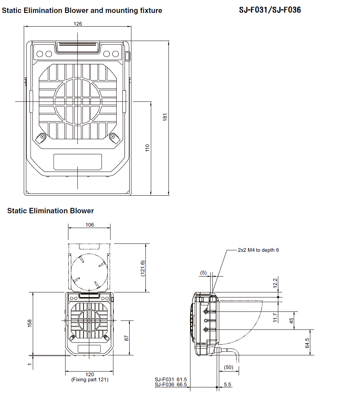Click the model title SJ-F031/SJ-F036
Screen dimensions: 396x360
click(x=270, y=10)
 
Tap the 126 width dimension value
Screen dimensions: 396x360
click(x=78, y=24)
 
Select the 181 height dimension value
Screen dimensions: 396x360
click(x=165, y=117)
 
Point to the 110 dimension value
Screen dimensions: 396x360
click(x=147, y=148)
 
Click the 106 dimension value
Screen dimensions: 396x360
click(x=90, y=225)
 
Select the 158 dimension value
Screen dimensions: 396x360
click(x=30, y=323)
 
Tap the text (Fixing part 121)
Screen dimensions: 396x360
click(x=90, y=379)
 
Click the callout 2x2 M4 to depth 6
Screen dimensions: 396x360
click(x=258, y=250)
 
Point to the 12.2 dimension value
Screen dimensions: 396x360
click(x=275, y=283)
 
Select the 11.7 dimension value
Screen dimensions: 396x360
click(x=275, y=317)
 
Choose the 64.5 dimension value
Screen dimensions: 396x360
click(x=307, y=342)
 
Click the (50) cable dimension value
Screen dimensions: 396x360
click(x=228, y=367)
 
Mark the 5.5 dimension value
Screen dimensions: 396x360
click(x=228, y=384)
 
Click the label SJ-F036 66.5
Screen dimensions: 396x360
click(x=171, y=384)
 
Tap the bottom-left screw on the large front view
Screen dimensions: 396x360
click(x=42, y=137)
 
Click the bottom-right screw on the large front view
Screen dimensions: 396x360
click(x=113, y=137)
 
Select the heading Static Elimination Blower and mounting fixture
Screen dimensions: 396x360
click(x=82, y=10)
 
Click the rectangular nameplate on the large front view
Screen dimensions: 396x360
click(x=77, y=162)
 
